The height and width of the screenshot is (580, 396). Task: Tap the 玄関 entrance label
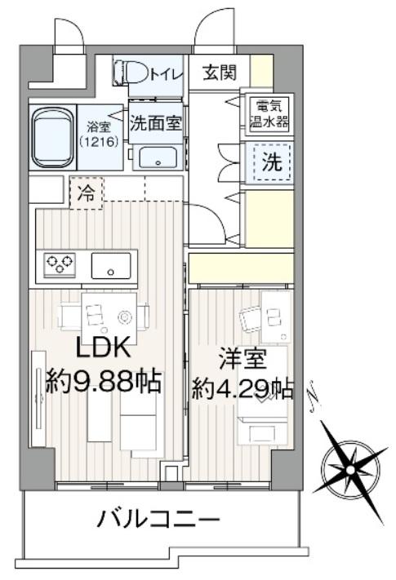(x=218, y=73)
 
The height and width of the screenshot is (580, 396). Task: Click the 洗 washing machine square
(x=270, y=161)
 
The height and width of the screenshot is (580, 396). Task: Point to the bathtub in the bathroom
(x=54, y=135)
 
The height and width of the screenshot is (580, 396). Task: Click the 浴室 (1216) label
(x=99, y=134)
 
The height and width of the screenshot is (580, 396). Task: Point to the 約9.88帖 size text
(x=103, y=382)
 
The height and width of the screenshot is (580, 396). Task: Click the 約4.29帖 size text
(x=242, y=387)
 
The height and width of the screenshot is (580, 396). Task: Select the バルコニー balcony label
(x=159, y=519)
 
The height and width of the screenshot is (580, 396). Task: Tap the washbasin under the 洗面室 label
(x=156, y=157)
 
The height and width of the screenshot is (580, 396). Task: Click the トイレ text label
(x=166, y=73)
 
